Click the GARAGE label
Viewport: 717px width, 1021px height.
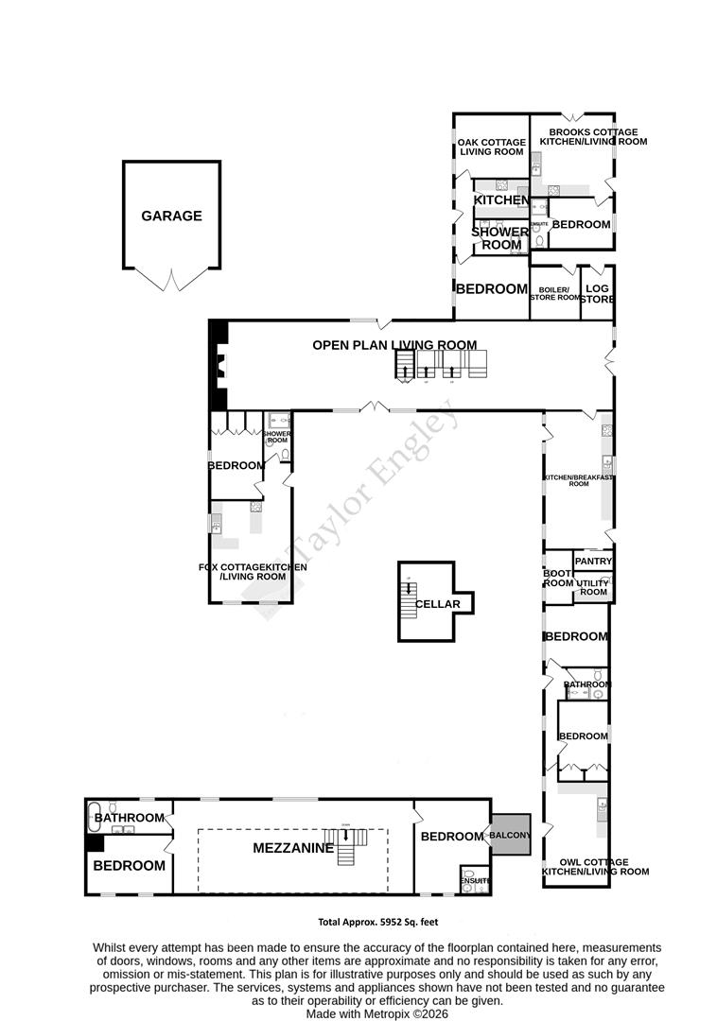(171, 216)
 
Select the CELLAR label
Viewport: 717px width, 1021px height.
(437, 604)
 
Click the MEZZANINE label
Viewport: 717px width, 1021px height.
(293, 849)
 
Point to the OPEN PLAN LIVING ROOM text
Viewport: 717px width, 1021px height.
(394, 345)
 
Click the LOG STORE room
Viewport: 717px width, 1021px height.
(597, 294)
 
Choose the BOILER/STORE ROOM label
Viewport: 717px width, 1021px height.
(553, 294)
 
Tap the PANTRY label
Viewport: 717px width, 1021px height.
(594, 562)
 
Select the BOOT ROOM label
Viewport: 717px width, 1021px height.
(557, 579)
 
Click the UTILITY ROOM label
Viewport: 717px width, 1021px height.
(593, 586)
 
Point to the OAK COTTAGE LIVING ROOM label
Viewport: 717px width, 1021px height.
(492, 147)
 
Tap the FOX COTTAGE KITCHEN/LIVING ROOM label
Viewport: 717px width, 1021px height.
(253, 571)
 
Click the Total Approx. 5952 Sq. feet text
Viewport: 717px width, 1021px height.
(376, 922)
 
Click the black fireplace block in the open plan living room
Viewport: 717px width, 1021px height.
(218, 365)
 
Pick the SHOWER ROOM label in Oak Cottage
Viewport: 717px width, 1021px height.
(500, 238)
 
